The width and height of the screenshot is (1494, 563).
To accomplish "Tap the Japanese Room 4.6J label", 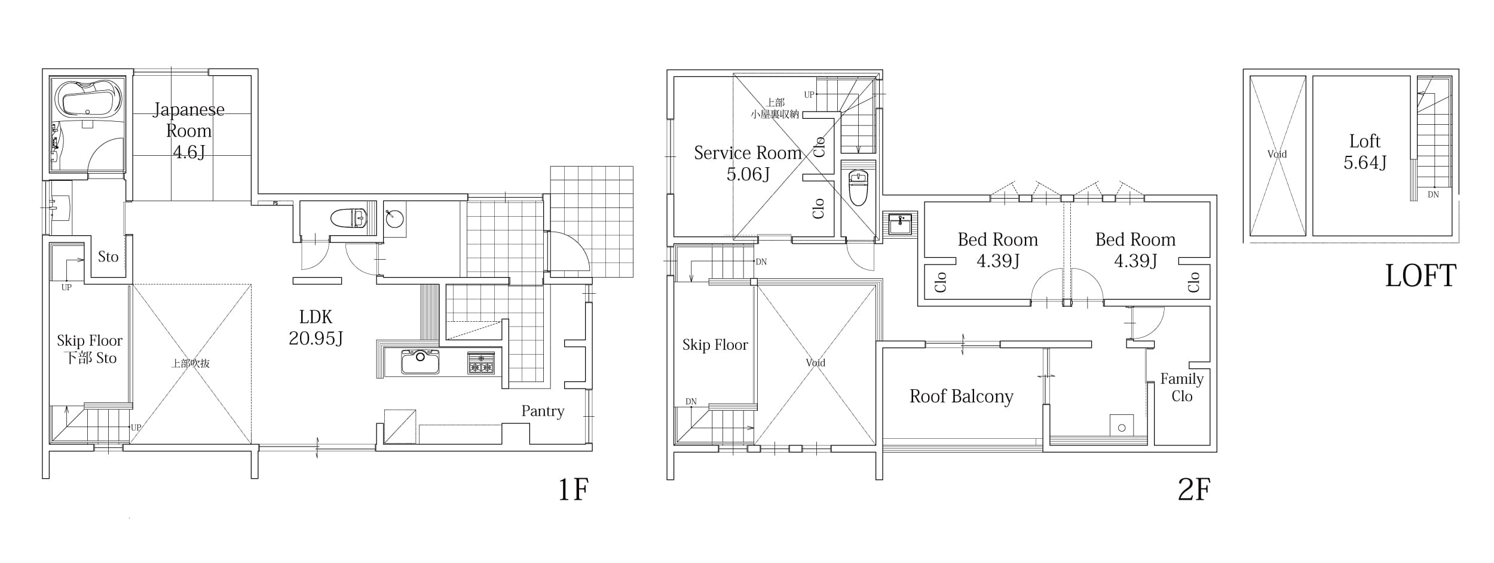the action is coord(189,130).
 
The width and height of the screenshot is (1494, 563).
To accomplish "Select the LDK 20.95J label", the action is coord(316,327).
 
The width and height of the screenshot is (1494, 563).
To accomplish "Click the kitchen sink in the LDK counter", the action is coord(420,362).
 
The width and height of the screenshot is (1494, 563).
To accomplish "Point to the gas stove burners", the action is coord(481,363).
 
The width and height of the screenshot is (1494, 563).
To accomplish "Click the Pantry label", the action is coord(543,411).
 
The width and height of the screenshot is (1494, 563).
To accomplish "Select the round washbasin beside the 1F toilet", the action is coord(394,219).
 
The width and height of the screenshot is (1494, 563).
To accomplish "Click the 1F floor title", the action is coord(574,490).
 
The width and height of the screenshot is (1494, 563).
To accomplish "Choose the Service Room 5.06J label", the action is coord(748,163).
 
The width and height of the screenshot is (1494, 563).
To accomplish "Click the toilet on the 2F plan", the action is coord(858,187).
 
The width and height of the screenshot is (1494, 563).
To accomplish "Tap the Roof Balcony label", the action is coord(962,396).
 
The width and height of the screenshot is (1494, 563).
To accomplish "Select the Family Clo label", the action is coord(1182,387).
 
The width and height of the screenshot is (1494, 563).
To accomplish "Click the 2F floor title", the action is coord(1194,490).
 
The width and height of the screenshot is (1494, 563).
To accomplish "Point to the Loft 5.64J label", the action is coord(1365,152).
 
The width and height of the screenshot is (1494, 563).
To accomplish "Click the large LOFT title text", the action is coord(1420,276).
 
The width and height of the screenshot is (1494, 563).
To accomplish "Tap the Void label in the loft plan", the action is coord(1277,154).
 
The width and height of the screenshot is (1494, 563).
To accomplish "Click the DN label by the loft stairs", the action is coord(1433,195).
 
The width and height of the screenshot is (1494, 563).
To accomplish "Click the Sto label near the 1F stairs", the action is coord(108,257).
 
